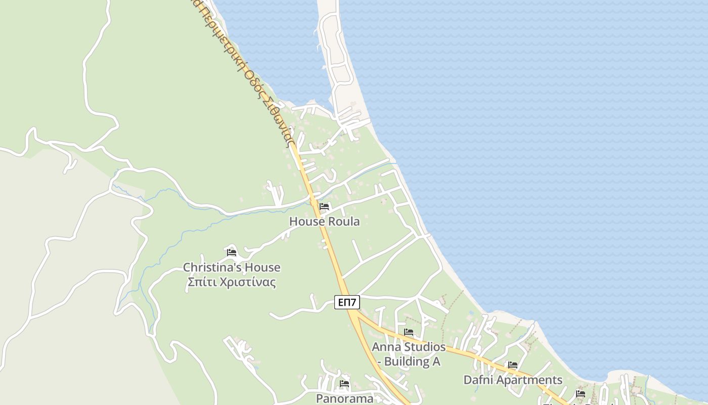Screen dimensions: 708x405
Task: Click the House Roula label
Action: coord(324,221)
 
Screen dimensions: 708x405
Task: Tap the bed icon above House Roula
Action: coord(324,207)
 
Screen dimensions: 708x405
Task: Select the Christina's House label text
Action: coord(231,267)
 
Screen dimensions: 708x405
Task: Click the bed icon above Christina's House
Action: coord(232,252)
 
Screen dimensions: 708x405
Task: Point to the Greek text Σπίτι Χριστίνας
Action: coord(231,282)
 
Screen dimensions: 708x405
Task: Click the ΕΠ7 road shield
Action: coord(347,303)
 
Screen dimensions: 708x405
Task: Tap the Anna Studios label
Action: coord(409,347)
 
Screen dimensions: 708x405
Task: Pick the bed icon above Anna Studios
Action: coord(409,332)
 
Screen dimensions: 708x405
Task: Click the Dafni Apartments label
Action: coord(513,380)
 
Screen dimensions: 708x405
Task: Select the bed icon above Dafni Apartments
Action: coord(513,365)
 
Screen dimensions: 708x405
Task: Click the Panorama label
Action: coord(344,398)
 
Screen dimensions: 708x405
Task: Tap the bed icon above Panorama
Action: coord(344,383)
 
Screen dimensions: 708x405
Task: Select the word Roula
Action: coord(344,221)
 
